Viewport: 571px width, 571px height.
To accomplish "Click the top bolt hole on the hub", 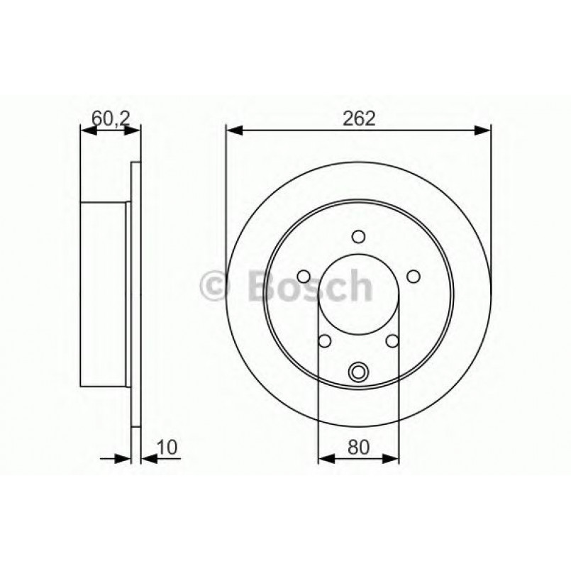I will point(358,237).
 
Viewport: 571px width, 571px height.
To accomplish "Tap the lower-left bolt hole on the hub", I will point(326,341).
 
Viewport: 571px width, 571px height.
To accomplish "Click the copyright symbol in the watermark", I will point(215,286).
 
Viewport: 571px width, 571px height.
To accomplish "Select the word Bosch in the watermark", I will point(309,286).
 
